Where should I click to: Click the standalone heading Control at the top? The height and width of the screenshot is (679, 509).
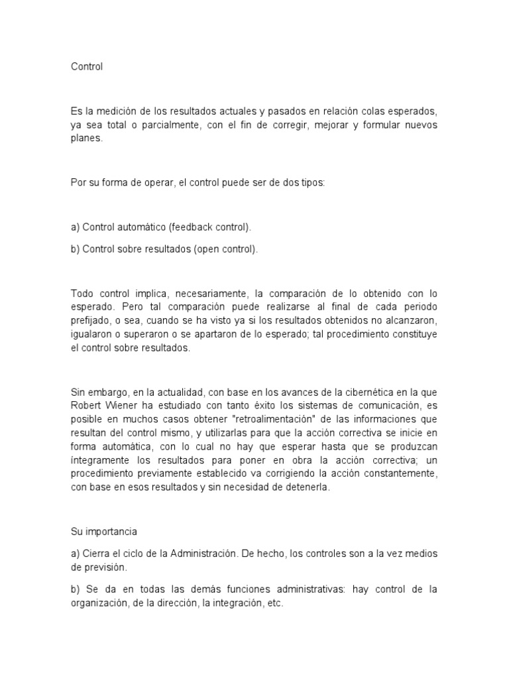(x=87, y=67)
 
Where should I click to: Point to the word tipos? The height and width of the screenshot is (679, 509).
(x=311, y=182)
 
